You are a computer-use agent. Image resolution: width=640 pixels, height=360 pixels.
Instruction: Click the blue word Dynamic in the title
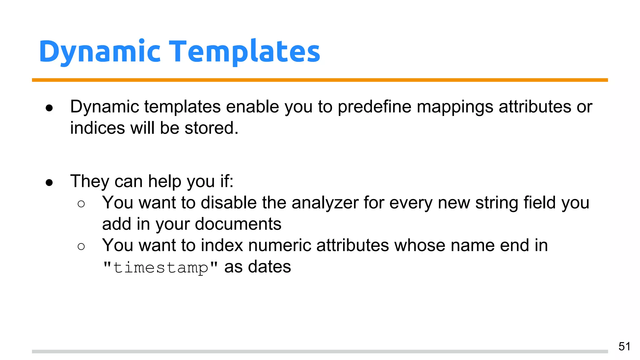coord(100,52)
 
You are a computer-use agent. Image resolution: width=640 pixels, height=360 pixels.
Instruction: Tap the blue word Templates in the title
coord(244,52)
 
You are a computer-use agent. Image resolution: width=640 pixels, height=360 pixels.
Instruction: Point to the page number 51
coord(624,346)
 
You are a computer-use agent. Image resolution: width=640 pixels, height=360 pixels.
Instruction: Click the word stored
coord(211,128)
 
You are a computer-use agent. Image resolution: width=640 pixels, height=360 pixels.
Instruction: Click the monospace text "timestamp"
coord(160,267)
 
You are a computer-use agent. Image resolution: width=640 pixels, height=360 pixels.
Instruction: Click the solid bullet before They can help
coord(49,182)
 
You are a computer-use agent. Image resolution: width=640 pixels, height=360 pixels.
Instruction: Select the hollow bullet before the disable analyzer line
coord(81,204)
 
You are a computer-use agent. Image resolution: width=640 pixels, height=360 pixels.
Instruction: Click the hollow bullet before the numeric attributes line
coord(81,247)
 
